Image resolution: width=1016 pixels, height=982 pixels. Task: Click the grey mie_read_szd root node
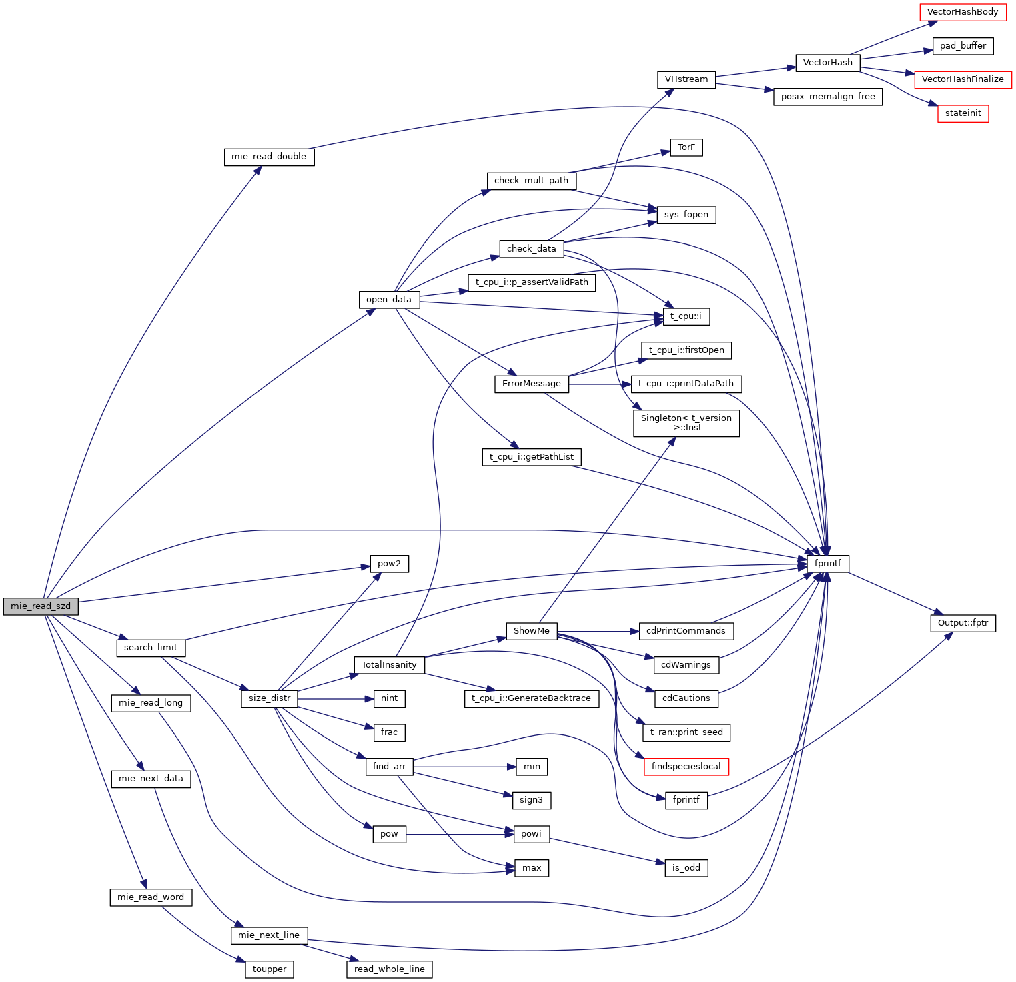click(41, 606)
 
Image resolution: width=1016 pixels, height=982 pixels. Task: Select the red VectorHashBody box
click(963, 12)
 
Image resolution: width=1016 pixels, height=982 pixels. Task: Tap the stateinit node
click(963, 113)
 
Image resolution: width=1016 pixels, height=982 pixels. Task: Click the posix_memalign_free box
click(828, 97)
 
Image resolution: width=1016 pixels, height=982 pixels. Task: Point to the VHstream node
click(686, 79)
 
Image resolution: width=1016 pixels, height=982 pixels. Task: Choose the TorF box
click(686, 147)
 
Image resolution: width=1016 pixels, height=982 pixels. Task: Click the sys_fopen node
click(686, 215)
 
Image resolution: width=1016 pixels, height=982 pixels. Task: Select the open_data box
click(389, 300)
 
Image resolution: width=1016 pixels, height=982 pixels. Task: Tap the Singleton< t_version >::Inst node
click(686, 423)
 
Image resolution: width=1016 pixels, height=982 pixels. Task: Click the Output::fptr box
click(963, 623)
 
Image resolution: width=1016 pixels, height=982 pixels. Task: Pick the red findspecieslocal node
click(686, 767)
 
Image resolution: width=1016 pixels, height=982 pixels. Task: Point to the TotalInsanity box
click(389, 665)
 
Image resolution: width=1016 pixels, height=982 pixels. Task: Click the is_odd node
click(686, 868)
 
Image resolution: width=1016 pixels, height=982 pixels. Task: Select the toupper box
click(270, 969)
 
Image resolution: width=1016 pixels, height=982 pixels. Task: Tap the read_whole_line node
click(389, 969)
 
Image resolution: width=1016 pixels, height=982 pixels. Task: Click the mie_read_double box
click(269, 157)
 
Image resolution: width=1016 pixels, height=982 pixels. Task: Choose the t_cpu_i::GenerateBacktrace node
click(531, 698)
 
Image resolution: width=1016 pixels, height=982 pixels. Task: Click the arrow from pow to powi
click(460, 834)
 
